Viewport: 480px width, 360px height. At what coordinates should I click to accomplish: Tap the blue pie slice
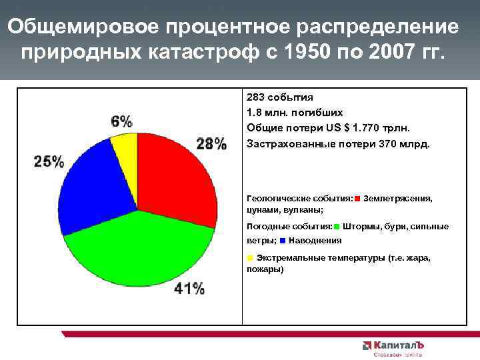coord(90,180)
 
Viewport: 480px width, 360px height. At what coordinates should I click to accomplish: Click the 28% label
coord(211,143)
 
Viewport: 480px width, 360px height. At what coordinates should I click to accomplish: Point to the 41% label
coord(189,288)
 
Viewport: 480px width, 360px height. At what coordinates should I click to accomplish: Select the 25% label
coord(49,161)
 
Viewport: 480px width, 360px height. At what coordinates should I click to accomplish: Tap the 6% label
coord(121,121)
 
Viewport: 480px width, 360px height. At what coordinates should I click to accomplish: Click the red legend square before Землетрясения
coord(358,199)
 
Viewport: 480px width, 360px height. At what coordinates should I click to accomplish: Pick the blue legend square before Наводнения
coord(283,241)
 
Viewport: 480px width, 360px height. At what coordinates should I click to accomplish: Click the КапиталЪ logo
coord(393,346)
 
